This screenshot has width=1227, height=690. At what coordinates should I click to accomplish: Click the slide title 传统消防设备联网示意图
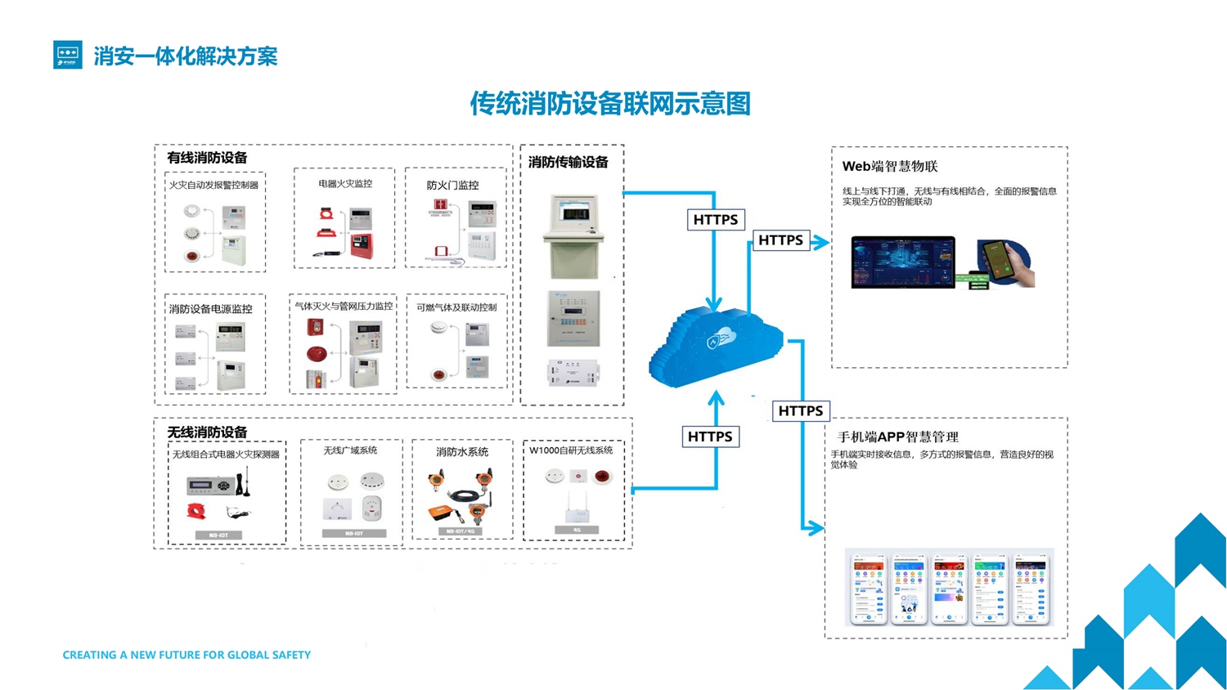tap(609, 104)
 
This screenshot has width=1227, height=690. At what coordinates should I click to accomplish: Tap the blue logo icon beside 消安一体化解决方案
tap(68, 55)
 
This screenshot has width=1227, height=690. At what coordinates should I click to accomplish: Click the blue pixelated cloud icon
tap(715, 345)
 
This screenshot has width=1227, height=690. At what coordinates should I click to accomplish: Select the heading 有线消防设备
tap(207, 158)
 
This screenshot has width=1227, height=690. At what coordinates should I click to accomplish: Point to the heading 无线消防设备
tap(207, 432)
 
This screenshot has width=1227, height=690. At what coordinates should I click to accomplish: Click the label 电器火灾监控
tap(345, 184)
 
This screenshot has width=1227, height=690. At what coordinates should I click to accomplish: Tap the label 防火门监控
tap(452, 186)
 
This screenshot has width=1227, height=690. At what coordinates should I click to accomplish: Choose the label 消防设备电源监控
tap(210, 309)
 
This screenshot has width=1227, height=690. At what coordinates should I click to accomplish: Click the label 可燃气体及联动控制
tap(456, 307)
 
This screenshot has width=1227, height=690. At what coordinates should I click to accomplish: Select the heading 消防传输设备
tap(569, 162)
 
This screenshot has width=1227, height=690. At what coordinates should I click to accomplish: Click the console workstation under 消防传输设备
tap(573, 236)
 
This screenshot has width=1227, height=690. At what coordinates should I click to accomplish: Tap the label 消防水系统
tap(462, 451)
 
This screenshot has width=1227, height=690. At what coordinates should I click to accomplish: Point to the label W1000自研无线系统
tap(571, 450)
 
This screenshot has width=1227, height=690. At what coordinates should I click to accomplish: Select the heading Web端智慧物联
tap(890, 166)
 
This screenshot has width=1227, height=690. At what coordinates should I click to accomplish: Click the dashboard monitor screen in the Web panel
tap(903, 262)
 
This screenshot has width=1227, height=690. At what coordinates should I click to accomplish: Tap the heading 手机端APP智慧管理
tap(897, 437)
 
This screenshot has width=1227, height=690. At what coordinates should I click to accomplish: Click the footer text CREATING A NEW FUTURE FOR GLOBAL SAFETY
tap(187, 655)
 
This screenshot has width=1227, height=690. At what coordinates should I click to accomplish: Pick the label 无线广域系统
tap(350, 450)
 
